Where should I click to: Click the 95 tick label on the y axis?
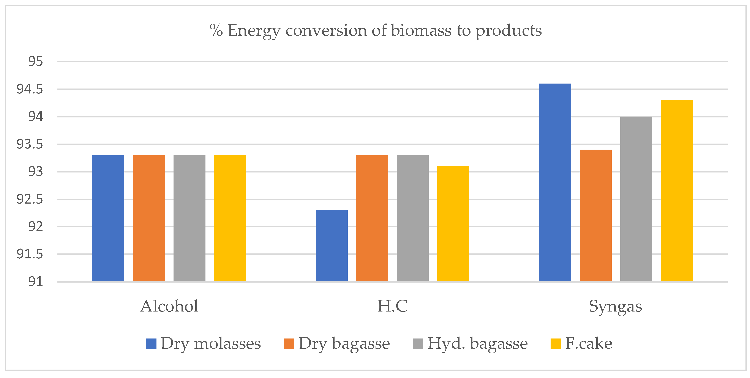pos(35,62)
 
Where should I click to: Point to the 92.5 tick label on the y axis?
pos(30,199)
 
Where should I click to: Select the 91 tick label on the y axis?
pos(35,282)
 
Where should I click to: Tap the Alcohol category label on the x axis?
pos(169,306)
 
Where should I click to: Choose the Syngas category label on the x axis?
pos(615,306)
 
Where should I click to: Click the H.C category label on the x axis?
pos(392,306)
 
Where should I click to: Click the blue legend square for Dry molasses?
pos(151,344)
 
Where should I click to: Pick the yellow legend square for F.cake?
pos(556,344)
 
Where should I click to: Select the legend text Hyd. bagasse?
pos(477,344)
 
